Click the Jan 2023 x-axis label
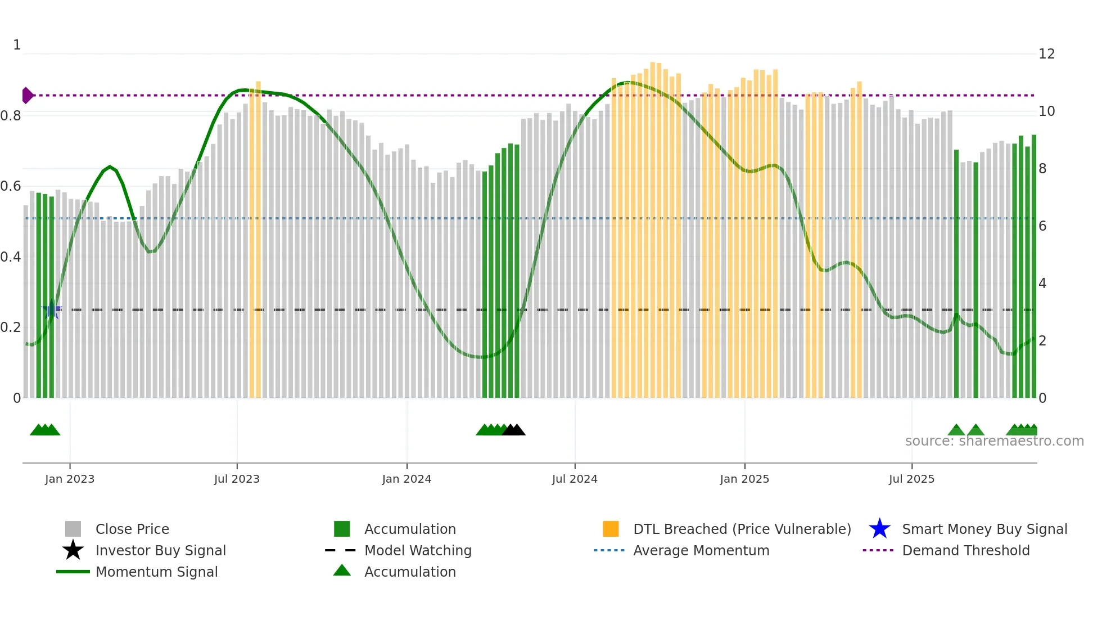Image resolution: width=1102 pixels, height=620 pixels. point(70,479)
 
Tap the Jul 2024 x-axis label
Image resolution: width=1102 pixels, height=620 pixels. point(575,479)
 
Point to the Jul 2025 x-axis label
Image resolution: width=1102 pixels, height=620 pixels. point(911,479)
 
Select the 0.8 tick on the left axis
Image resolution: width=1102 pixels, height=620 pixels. point(11,116)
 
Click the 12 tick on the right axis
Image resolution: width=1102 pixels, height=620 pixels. point(1046,54)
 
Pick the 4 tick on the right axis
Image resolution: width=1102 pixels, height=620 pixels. point(1042,284)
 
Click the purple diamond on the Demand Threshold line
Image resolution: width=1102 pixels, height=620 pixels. point(27,96)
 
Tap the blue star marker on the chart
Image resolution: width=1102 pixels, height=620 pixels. point(52,309)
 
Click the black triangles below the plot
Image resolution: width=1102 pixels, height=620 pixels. point(514,430)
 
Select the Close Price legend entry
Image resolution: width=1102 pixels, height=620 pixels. point(132,529)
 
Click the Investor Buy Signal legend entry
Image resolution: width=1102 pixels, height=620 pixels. point(160,550)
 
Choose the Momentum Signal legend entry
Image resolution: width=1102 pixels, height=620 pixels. point(156,572)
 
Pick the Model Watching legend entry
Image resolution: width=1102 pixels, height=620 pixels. point(418,550)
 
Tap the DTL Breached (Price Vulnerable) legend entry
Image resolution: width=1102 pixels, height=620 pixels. point(742,529)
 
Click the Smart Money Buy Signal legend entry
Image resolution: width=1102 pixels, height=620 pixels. point(984,529)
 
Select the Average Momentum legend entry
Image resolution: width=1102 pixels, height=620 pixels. point(701,550)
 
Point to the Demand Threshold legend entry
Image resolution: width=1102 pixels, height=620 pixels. point(965,550)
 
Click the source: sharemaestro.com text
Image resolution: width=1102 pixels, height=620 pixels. point(994,441)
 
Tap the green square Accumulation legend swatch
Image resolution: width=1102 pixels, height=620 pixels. point(342,529)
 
